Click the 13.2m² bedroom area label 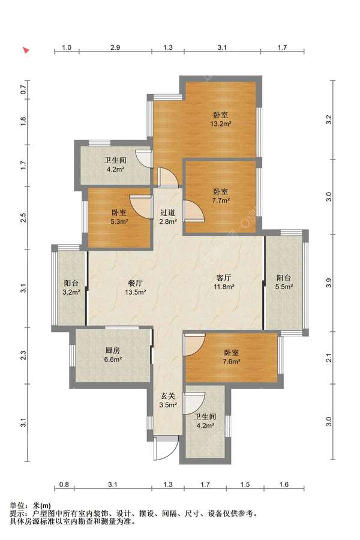point(220,119)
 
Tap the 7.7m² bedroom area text point(220,196)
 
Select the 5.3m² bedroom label point(119,217)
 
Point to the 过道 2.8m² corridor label point(168,217)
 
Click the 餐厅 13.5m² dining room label point(135,287)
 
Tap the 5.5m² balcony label point(284,282)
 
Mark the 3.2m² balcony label point(71,288)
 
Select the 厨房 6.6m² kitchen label point(113,355)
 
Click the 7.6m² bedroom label point(231,357)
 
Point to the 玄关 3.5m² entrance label point(168,401)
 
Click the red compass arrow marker point(26,50)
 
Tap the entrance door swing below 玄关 point(166,448)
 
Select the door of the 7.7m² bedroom point(194,211)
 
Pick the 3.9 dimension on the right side point(329,283)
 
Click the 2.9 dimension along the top point(115,47)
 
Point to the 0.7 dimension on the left point(23,90)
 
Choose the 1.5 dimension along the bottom point(245,485)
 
